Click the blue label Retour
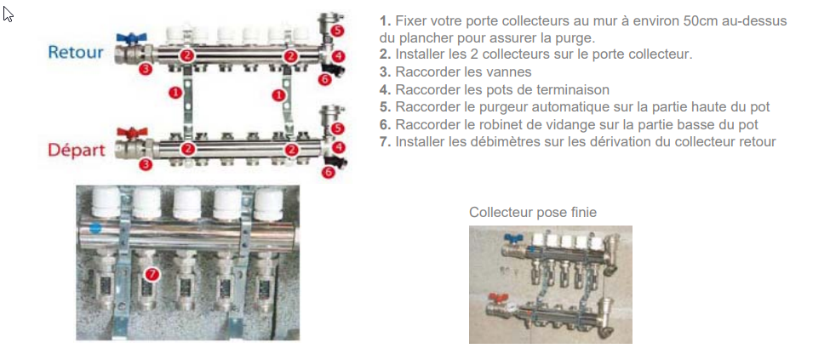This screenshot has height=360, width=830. [75, 53]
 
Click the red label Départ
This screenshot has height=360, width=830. [76, 151]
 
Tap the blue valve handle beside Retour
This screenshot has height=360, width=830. [130, 38]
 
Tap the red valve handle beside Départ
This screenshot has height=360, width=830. [130, 134]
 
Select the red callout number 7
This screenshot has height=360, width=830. [152, 274]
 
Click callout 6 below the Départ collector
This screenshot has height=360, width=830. [329, 173]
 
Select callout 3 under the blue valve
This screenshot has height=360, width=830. [146, 68]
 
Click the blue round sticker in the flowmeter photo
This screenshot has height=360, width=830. [95, 228]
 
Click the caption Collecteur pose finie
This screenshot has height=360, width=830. [532, 212]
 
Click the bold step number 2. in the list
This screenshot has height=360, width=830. [385, 54]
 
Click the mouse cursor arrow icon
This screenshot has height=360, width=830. [9, 14]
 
